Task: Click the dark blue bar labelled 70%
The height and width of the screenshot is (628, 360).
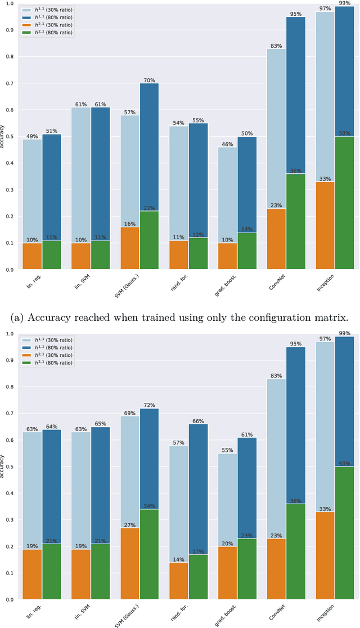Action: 149,146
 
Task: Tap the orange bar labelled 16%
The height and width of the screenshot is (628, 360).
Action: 130,248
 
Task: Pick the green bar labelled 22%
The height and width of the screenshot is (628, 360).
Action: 149,240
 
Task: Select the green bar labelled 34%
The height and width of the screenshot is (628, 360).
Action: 149,554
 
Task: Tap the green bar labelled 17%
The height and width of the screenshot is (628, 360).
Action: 198,577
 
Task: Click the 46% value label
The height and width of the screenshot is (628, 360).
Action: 227,144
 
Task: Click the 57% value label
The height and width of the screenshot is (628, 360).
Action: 130,112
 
